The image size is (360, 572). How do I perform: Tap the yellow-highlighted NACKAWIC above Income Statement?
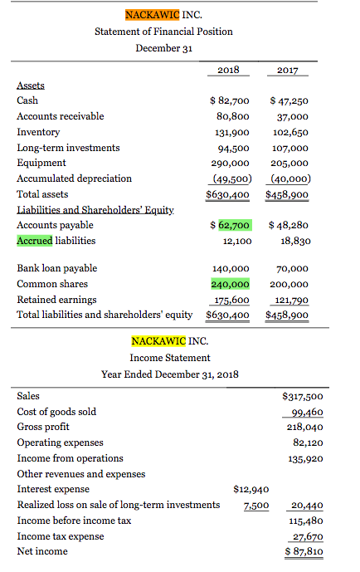click(153, 341)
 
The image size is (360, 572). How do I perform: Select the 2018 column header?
click(228, 71)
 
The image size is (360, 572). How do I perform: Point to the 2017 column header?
click(289, 71)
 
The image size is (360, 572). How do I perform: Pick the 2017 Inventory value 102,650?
click(289, 132)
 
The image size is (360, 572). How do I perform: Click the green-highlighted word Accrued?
click(35, 241)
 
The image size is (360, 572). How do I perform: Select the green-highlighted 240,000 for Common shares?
click(230, 284)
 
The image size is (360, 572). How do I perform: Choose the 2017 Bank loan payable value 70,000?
click(292, 269)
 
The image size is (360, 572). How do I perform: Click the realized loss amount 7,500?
click(255, 505)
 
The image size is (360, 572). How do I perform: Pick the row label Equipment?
click(38, 163)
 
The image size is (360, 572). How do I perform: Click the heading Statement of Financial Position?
click(164, 32)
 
